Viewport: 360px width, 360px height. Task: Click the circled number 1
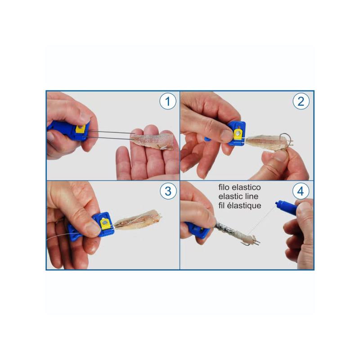point(168,101)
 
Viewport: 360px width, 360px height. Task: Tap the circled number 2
point(301,101)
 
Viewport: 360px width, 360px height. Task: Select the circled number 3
point(168,191)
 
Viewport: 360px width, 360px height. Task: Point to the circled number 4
point(301,191)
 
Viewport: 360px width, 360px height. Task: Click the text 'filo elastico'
point(239,187)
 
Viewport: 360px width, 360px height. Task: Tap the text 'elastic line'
point(238,196)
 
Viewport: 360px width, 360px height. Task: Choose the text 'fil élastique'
point(240,206)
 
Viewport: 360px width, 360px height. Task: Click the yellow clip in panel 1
point(81,129)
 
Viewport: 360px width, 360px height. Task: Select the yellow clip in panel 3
point(105,224)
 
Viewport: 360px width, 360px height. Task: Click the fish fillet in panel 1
point(152,142)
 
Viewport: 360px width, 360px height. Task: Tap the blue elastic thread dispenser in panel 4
point(286,207)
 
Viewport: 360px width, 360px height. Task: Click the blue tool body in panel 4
point(198,229)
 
